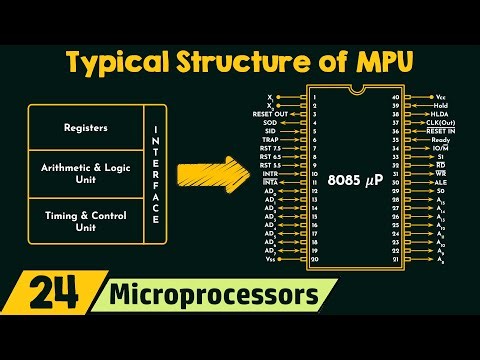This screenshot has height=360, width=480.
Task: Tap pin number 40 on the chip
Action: click(x=396, y=96)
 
